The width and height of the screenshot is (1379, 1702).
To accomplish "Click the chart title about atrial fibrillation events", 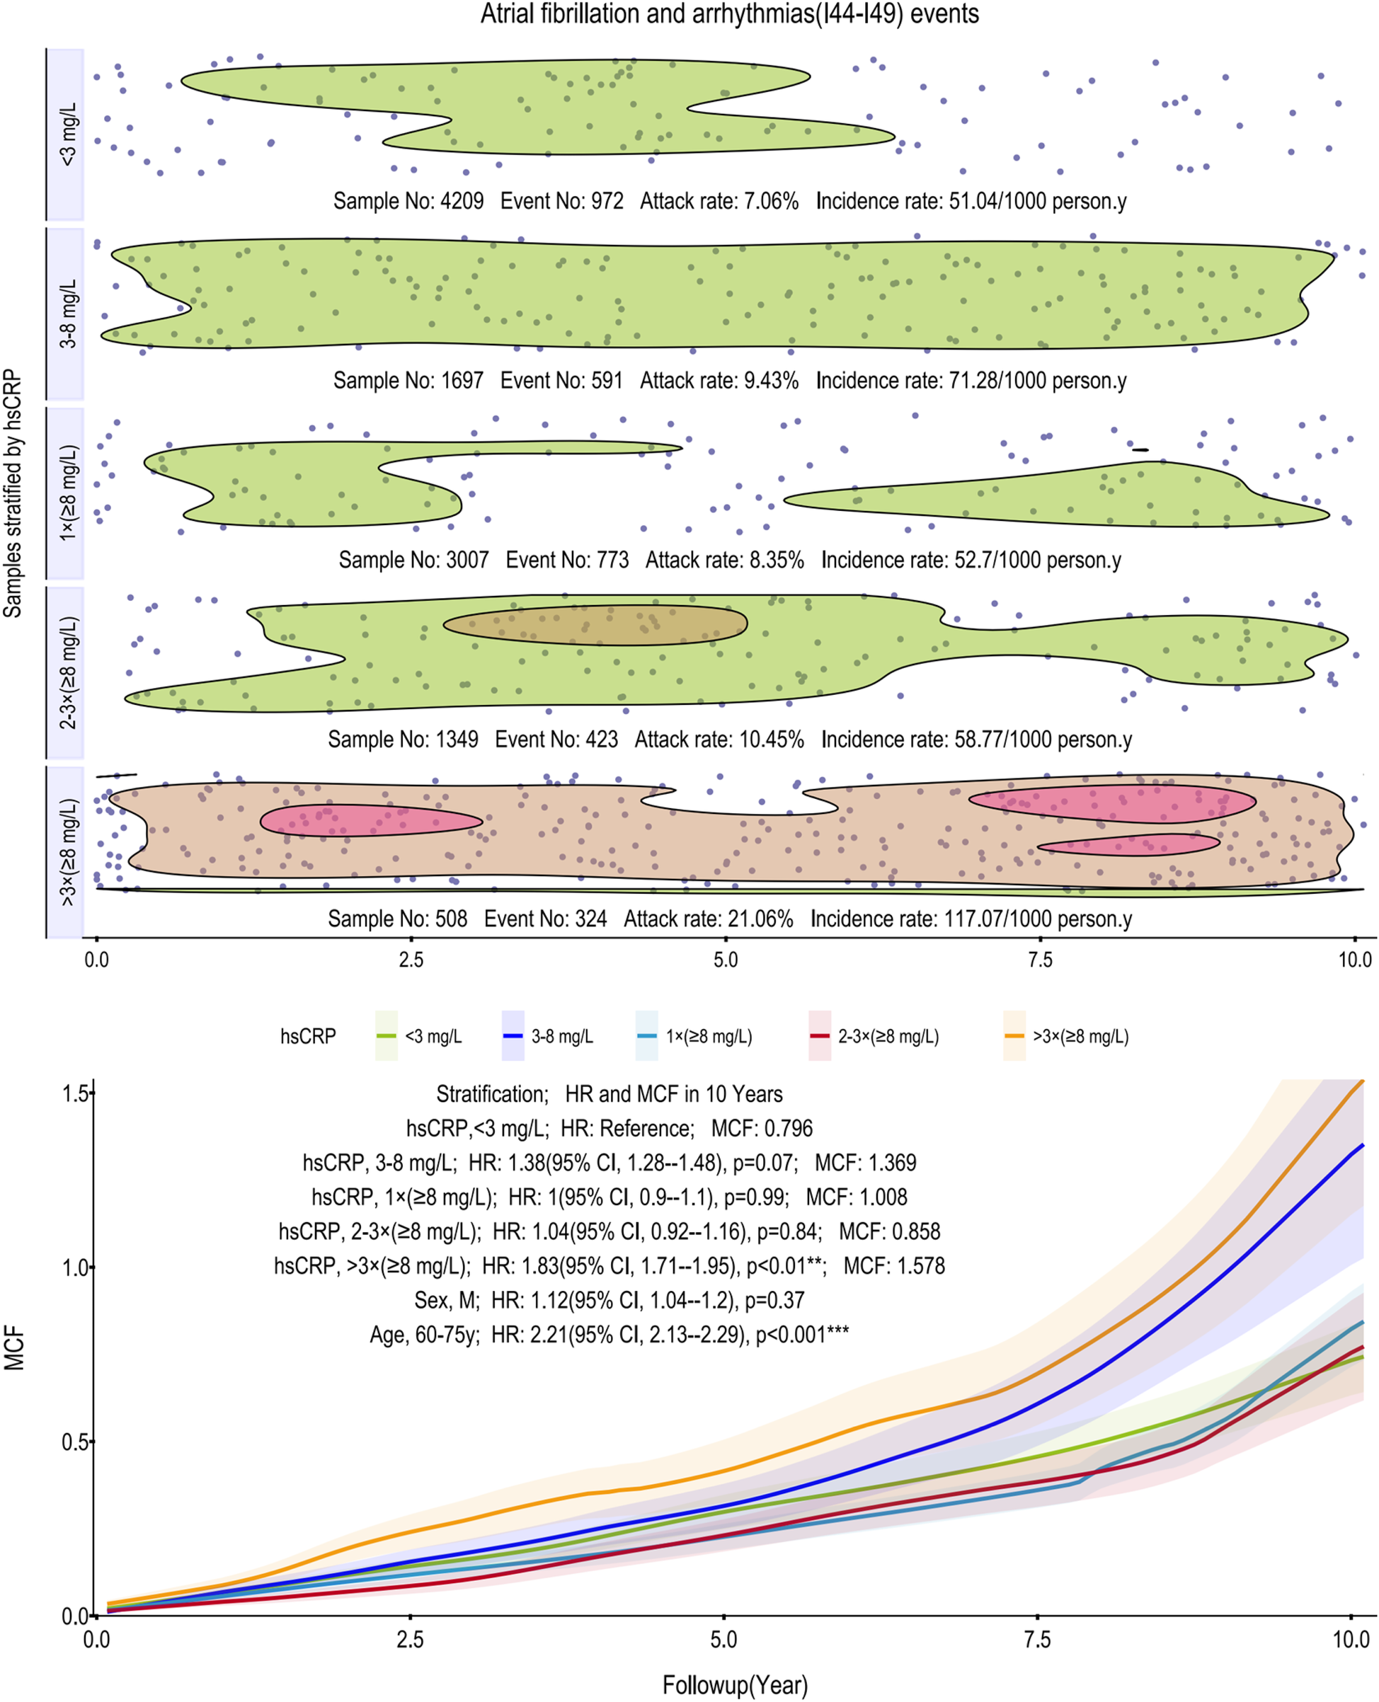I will coord(729,14).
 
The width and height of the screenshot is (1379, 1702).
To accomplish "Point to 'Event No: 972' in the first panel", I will coord(561,201).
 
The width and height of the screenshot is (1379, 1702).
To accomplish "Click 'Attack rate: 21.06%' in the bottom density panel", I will coord(708,919).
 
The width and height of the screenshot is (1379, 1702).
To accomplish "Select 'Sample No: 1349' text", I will coord(403,740).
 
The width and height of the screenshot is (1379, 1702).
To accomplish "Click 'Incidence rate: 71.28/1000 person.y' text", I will coord(971,381).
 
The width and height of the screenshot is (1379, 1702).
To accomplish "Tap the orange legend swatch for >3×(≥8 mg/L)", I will coord(1014,1035).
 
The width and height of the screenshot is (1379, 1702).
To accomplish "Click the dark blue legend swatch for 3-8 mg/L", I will coord(513,1035).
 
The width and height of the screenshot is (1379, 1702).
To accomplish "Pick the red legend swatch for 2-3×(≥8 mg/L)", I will coord(820,1035).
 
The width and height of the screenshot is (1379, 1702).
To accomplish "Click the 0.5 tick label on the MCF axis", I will coord(74,1442).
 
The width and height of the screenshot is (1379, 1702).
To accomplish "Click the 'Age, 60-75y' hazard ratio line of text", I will coord(609,1334).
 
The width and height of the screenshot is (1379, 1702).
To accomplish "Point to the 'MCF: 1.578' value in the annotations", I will coord(893,1266).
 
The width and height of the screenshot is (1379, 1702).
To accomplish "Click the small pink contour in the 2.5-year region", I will coord(370,820).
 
